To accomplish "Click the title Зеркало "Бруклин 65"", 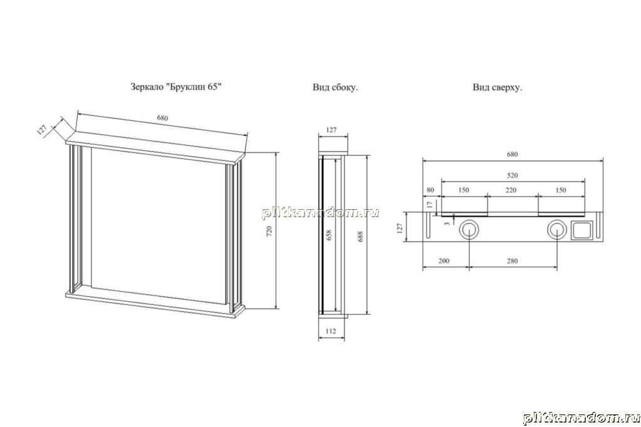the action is pyautogui.click(x=176, y=86).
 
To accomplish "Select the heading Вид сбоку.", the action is pyautogui.click(x=335, y=87).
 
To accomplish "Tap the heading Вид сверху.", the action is pyautogui.click(x=498, y=87).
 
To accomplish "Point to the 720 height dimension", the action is pyautogui.click(x=269, y=232).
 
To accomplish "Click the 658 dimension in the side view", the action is pyautogui.click(x=329, y=235).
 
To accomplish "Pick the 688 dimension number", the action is pyautogui.click(x=360, y=237).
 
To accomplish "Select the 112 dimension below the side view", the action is pyautogui.click(x=330, y=331).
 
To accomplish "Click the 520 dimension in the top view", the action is pyautogui.click(x=512, y=175).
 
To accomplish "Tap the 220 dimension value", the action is pyautogui.click(x=511, y=190).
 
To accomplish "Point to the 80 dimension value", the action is pyautogui.click(x=430, y=190).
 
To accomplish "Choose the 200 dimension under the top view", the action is pyautogui.click(x=444, y=260).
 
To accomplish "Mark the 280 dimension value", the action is pyautogui.click(x=512, y=260).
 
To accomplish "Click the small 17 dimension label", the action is pyautogui.click(x=429, y=204).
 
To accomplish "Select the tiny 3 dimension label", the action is pyautogui.click(x=447, y=223).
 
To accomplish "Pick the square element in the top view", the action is pyautogui.click(x=581, y=230).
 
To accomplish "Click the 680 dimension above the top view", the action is pyautogui.click(x=512, y=155).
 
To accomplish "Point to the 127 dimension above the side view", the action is pyautogui.click(x=331, y=130).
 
